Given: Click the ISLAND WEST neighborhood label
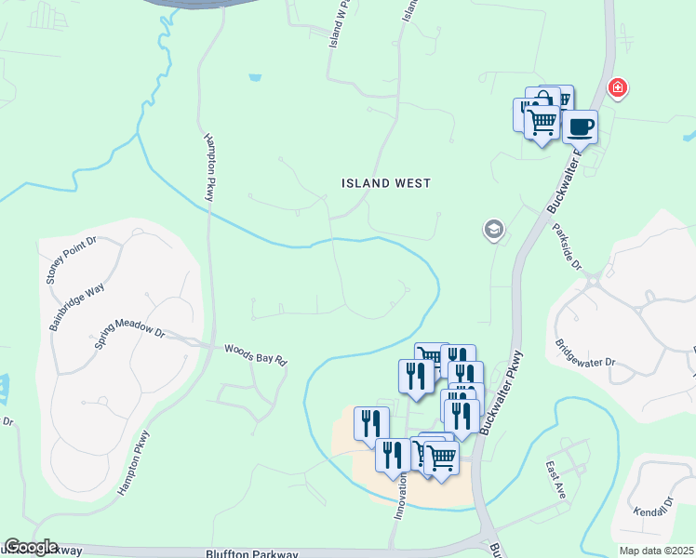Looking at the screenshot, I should (x=385, y=183).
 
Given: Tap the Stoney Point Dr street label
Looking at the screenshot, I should (x=71, y=263).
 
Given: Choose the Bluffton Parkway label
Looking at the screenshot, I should (x=246, y=552).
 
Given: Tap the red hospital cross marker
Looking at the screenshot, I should (x=616, y=88).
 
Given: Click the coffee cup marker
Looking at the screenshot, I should (x=581, y=126).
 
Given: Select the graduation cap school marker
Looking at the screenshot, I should (x=493, y=230).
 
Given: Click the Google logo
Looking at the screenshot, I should (x=31, y=547).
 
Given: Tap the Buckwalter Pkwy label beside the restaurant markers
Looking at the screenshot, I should (x=500, y=392).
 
